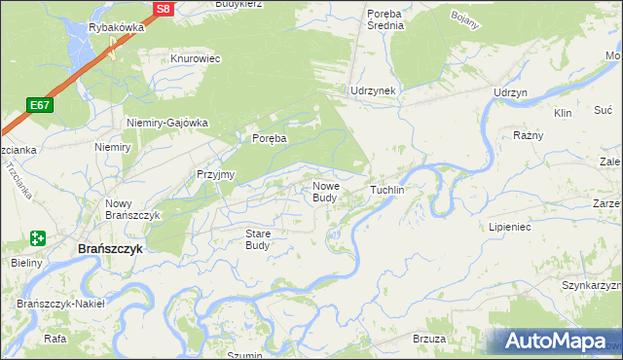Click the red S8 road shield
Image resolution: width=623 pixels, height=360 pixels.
[163, 9]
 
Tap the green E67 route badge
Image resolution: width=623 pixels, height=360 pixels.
[40, 105]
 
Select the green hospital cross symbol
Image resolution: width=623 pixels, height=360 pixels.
[38, 238]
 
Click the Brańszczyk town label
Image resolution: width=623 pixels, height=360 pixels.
[110, 249]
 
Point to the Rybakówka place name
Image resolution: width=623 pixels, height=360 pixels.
[116, 27]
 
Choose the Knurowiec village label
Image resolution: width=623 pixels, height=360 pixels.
[196, 58]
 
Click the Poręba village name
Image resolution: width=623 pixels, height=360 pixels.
[270, 138]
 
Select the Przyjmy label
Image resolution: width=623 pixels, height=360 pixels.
[216, 174]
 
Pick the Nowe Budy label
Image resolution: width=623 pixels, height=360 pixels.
[325, 192]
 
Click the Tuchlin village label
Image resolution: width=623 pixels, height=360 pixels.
[386, 189]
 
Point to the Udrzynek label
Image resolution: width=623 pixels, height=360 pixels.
[373, 90]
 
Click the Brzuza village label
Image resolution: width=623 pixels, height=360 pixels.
[429, 339]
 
